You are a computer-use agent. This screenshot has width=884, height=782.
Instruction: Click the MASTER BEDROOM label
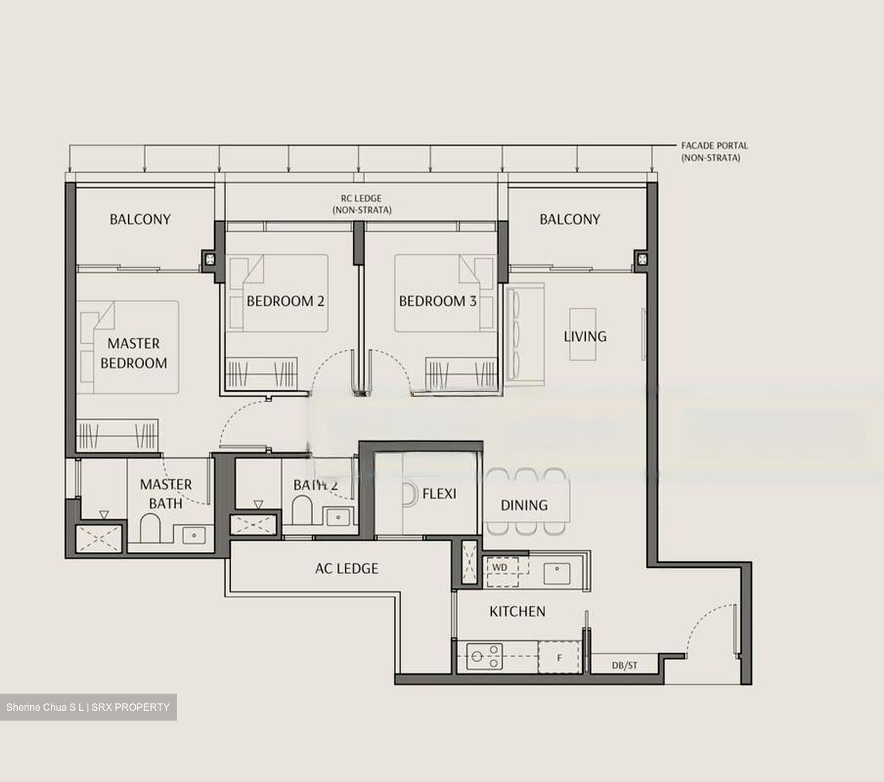134,353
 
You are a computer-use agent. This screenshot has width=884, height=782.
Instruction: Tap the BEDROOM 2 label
285,301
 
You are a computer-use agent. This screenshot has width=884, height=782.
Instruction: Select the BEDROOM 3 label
437,301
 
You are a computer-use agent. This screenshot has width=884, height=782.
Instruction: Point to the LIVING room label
585,336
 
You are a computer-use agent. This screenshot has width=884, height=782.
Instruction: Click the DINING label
524,505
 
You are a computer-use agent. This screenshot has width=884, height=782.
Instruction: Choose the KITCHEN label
518,611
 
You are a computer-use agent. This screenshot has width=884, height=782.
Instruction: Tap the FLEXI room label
439,494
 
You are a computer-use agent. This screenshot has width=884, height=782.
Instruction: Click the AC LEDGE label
347,569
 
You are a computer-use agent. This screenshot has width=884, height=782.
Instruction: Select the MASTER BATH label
166,494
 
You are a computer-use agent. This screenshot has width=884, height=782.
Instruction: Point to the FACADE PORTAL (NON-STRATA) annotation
715,152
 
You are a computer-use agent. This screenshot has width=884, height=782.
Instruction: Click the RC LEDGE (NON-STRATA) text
362,204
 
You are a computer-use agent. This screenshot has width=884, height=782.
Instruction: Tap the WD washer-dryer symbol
500,568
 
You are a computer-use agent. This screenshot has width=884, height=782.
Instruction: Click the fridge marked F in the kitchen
559,657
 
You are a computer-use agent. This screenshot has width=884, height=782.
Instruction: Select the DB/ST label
624,665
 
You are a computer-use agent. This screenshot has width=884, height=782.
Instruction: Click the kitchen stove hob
484,657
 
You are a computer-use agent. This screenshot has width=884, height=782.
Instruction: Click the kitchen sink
557,573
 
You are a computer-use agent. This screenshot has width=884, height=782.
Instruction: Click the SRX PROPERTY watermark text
130,707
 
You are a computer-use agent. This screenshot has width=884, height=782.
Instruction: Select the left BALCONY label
140,219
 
